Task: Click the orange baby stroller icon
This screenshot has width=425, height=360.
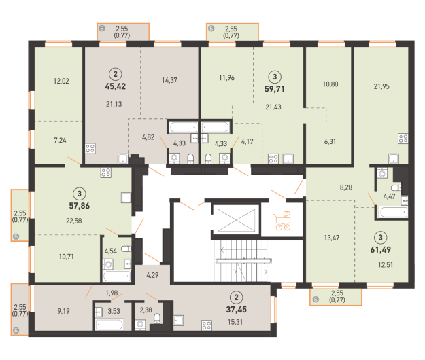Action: click(283, 221)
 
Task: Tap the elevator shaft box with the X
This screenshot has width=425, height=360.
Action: click(237, 219)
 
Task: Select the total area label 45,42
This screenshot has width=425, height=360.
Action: click(116, 86)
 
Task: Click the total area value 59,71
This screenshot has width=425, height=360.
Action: click(275, 89)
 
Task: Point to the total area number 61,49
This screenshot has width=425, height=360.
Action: click(381, 249)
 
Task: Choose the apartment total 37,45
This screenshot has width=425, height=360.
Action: click(237, 309)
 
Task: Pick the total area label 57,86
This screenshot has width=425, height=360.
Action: click(80, 206)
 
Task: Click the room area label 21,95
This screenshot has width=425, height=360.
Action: click(381, 86)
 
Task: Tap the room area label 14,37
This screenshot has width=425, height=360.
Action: click(170, 80)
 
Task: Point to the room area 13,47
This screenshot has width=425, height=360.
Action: click(332, 238)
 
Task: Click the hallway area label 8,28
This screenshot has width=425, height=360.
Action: click(346, 187)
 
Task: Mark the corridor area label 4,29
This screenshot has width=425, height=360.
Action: click(152, 275)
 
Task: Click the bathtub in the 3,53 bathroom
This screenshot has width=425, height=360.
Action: click(109, 325)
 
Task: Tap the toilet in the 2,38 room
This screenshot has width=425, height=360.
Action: click(157, 319)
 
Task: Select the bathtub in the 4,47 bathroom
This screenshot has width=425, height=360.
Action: click(394, 212)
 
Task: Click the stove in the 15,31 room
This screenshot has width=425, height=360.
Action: click(207, 325)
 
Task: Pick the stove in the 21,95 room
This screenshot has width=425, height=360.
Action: click(403, 139)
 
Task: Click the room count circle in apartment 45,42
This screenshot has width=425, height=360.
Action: click(116, 74)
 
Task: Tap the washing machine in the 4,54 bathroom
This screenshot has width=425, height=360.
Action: click(108, 264)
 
